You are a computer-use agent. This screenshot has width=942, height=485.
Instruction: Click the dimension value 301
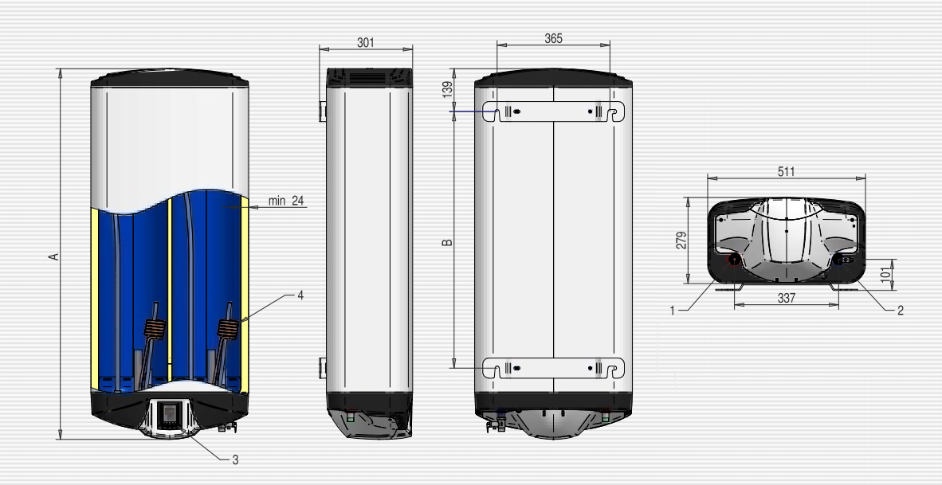(x=365, y=43)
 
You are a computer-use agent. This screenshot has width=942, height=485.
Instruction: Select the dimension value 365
(x=553, y=38)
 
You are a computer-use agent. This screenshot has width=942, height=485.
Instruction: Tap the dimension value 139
(x=447, y=89)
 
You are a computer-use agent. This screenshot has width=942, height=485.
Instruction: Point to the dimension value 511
(x=786, y=172)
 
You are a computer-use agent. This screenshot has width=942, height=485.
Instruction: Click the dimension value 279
(x=681, y=240)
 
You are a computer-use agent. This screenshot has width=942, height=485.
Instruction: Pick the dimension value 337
(x=786, y=298)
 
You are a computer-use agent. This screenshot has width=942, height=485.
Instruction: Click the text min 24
(x=286, y=201)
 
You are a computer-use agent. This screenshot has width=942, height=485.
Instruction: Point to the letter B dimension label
(x=447, y=242)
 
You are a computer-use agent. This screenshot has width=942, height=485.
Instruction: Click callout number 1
(x=673, y=311)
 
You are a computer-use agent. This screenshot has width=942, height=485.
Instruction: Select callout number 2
(x=900, y=311)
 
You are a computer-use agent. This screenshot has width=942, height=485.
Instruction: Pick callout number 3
(x=236, y=460)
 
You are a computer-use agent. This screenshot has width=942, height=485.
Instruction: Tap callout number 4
(x=300, y=295)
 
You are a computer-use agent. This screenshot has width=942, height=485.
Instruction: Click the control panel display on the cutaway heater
(x=170, y=413)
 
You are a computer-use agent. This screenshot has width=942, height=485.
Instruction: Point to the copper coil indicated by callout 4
(x=229, y=328)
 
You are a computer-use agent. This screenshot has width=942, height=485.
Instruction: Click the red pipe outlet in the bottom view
(x=734, y=260)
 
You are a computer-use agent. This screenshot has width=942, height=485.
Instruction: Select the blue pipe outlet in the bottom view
(x=838, y=260)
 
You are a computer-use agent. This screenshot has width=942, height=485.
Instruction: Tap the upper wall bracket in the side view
(x=323, y=111)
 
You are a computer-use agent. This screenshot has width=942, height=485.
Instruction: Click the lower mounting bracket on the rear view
(x=553, y=368)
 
